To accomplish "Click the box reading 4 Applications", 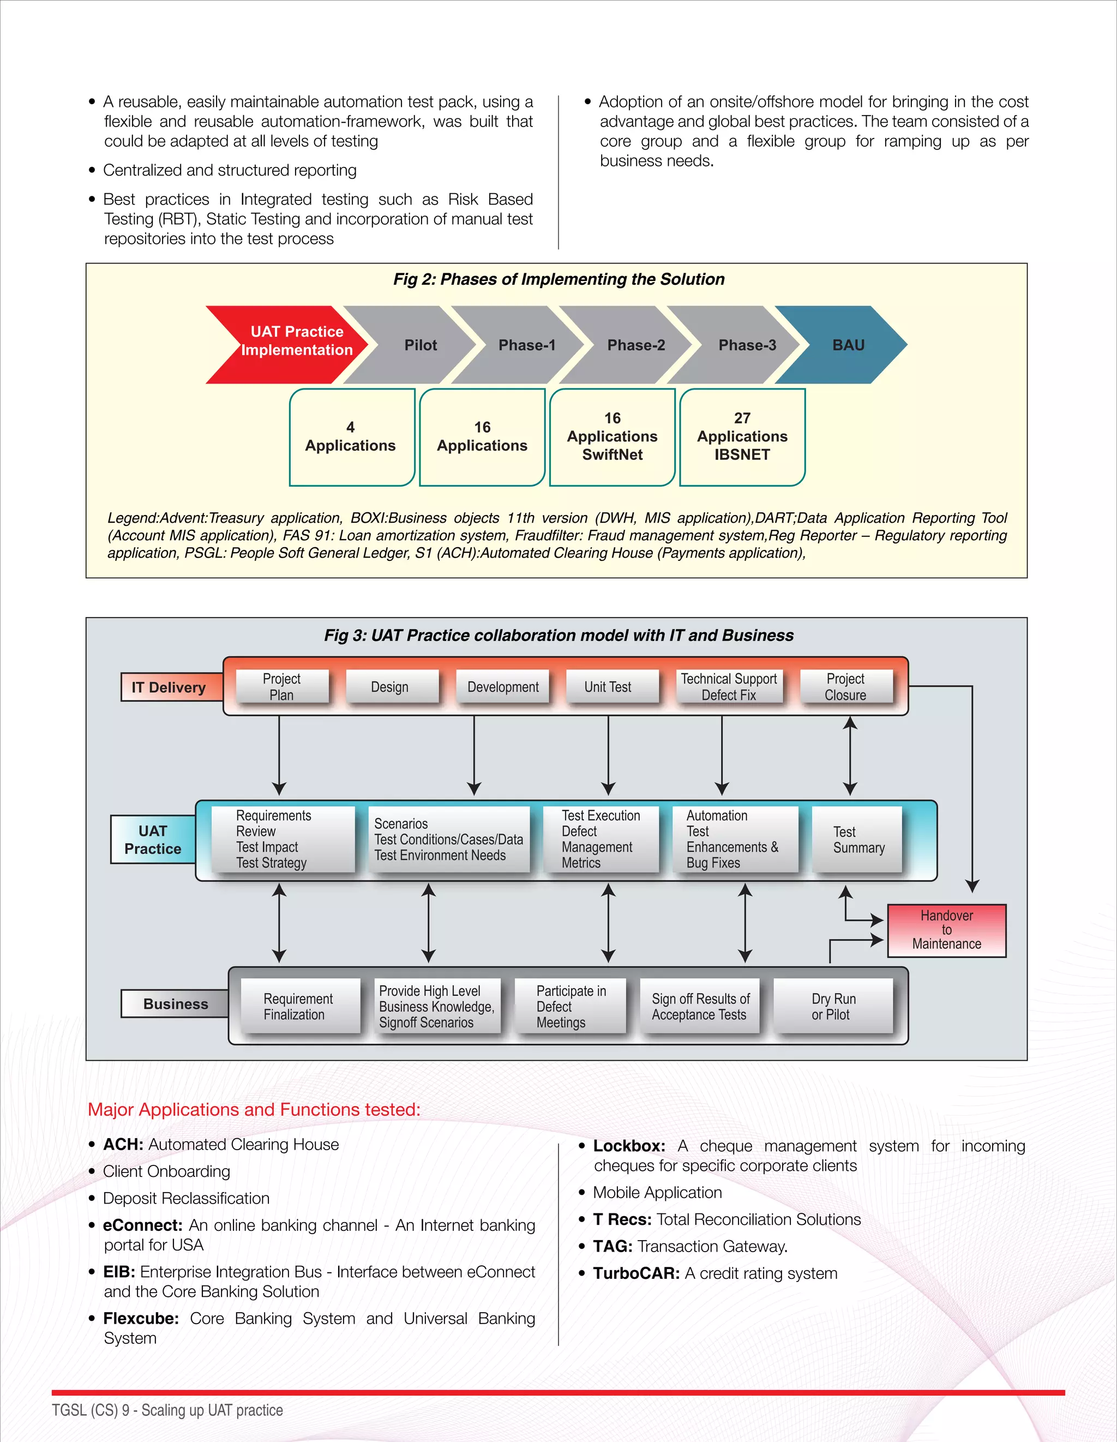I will tap(351, 436).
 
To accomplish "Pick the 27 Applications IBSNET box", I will tap(742, 436).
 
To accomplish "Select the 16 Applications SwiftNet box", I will tap(612, 436).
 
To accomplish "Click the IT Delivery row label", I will tap(169, 687).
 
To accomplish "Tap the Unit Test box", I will tap(608, 687).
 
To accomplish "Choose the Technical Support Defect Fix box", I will tap(728, 687).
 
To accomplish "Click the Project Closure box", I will tap(845, 687).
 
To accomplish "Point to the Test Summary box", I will tap(857, 840).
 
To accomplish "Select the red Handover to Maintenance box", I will tap(946, 930).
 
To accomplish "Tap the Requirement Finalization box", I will tap(298, 1006).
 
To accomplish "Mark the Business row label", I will tap(175, 1003).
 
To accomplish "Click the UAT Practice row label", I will tap(153, 840).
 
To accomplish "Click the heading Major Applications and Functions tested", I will tap(254, 1109).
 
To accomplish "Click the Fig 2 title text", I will tap(558, 279).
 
